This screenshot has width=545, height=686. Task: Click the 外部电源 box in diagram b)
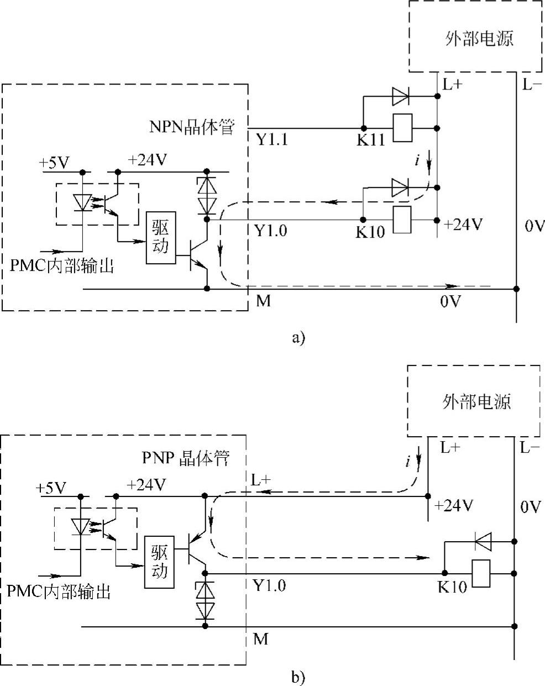click(476, 401)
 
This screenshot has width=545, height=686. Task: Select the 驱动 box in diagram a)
click(160, 238)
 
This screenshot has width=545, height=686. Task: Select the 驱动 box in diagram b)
click(159, 563)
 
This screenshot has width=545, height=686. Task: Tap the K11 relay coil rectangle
click(402, 128)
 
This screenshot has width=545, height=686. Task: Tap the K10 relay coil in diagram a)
click(402, 220)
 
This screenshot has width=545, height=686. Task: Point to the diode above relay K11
click(400, 97)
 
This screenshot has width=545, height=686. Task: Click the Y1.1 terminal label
click(272, 139)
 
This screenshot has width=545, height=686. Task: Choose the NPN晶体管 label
click(192, 127)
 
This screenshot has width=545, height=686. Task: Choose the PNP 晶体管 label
click(185, 459)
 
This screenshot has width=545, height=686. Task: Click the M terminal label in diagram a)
click(264, 302)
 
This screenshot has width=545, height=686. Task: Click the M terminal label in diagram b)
click(260, 639)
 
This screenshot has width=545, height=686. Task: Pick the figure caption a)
click(298, 337)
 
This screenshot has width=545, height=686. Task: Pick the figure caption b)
click(298, 675)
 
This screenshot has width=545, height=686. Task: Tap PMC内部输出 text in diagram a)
click(62, 266)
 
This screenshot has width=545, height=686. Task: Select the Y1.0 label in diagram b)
click(269, 585)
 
